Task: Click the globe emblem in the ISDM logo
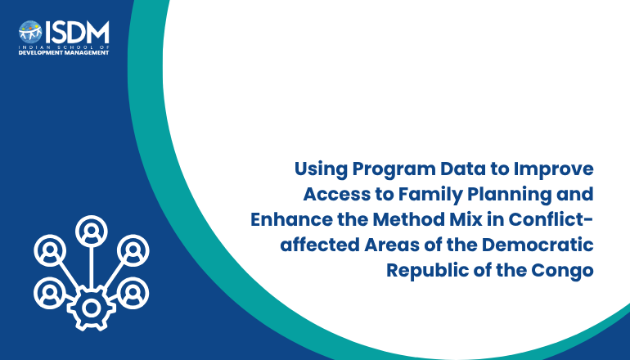point(30,32)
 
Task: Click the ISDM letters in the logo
point(77,32)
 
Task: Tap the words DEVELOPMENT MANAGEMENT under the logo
point(64,52)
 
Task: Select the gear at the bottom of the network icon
point(91,308)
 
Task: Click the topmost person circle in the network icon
point(91,232)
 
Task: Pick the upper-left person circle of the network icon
point(50,250)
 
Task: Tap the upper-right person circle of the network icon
point(133,250)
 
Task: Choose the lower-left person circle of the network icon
point(50,293)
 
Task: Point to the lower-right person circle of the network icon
point(133,293)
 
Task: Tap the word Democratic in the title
point(538,245)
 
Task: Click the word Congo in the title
point(563,271)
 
